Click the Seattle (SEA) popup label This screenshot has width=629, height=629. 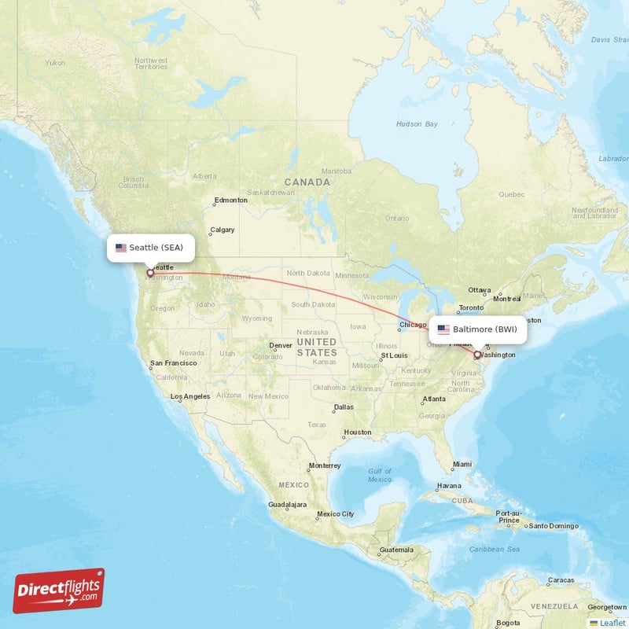coord(150,248)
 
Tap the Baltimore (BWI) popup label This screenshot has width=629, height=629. coord(477,329)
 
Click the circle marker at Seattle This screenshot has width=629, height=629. coord(150,274)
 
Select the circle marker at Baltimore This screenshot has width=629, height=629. coord(477,355)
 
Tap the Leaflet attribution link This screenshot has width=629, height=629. coord(612,623)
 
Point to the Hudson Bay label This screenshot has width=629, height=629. coord(417,124)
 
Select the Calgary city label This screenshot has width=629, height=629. coord(222,231)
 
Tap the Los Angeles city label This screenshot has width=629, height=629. coord(190,396)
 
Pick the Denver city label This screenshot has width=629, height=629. coord(280,345)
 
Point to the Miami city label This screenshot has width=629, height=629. coord(462,464)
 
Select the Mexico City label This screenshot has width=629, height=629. coord(336,514)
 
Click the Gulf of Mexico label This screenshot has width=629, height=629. coord(380,475)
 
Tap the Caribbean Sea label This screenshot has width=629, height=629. coord(502,548)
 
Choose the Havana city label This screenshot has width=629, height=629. coord(449,485)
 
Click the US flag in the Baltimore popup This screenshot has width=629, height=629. coord(443,329)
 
